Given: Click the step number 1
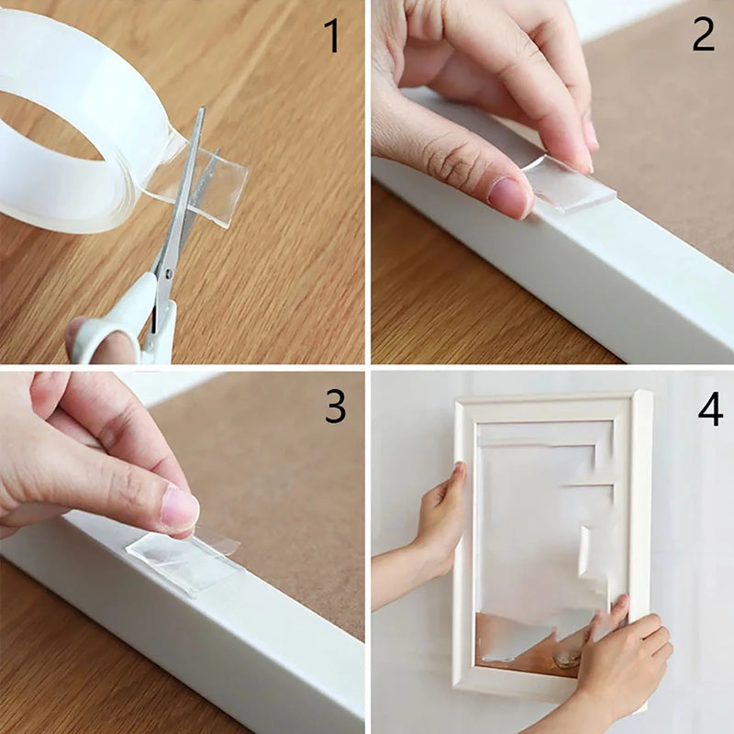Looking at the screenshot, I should [x=331, y=36].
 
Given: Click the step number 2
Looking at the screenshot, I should [x=703, y=34].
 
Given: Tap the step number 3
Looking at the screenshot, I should [x=335, y=407].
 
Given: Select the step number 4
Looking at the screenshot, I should [x=709, y=410].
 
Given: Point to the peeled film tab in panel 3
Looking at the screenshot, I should [x=220, y=541].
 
